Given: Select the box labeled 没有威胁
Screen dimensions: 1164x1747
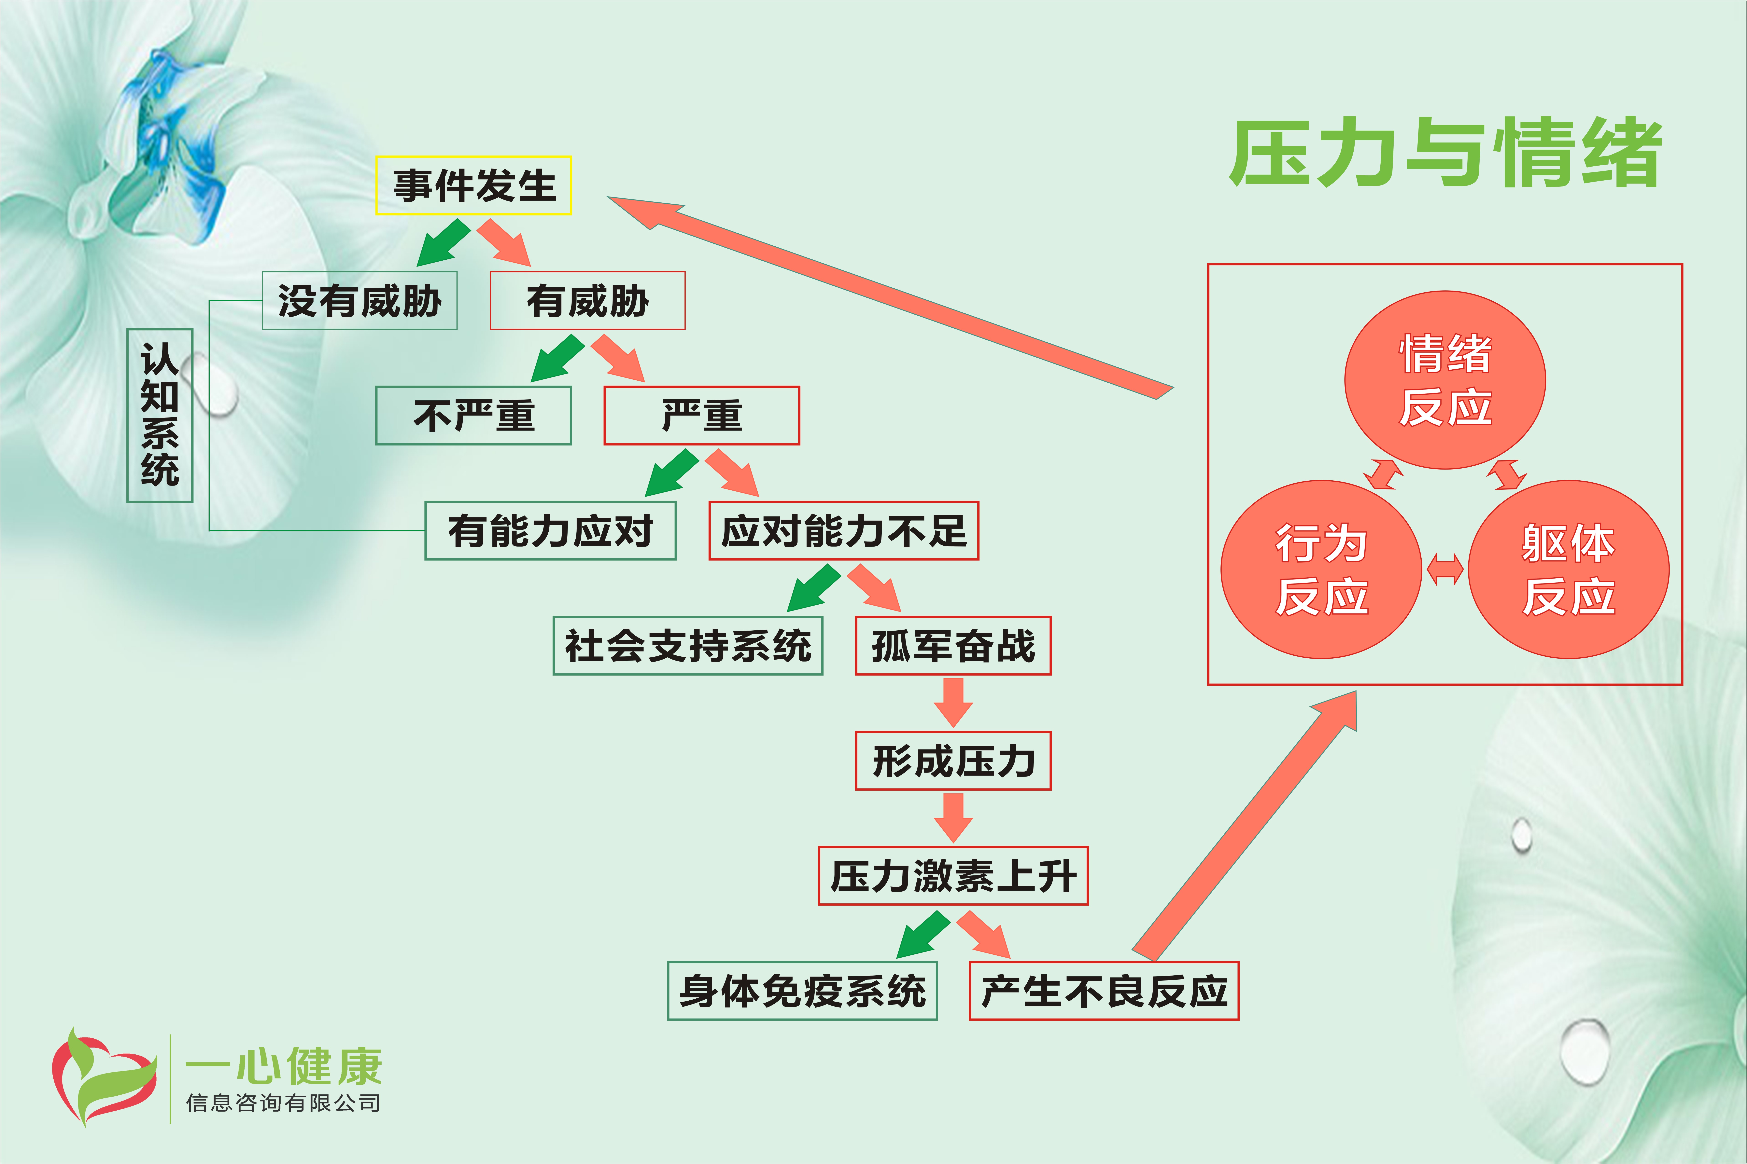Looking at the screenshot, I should [359, 301].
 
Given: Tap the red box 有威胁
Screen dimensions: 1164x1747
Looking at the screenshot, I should [587, 301].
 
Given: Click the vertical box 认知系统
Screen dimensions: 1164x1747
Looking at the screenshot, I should [160, 416].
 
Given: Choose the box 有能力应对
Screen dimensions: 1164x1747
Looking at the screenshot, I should [550, 531].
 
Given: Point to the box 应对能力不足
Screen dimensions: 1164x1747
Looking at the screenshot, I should [843, 531].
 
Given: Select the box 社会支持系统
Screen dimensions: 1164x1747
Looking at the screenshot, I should [687, 646].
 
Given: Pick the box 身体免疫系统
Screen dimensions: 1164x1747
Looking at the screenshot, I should [802, 991].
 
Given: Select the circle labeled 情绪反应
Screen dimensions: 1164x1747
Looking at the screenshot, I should [1445, 380].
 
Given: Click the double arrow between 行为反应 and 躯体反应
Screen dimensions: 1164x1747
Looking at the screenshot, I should [1445, 569].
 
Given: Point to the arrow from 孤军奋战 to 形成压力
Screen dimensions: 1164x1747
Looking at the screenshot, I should [953, 702].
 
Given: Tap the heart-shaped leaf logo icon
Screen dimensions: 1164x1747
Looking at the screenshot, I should [104, 1076].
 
